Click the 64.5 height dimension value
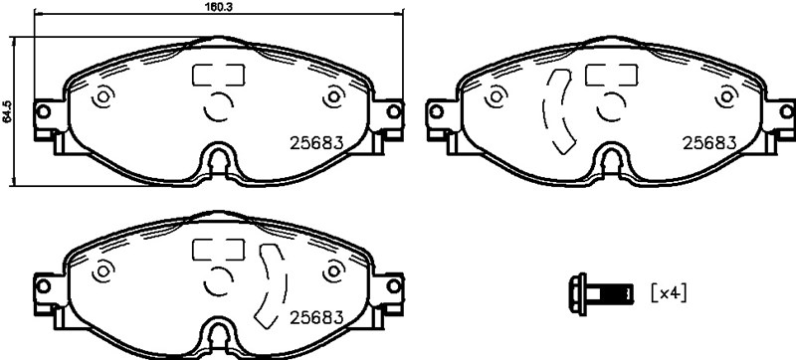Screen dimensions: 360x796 [7, 111]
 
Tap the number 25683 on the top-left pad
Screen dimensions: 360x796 [315, 142]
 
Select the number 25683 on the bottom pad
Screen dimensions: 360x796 [315, 317]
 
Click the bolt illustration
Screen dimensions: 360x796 [601, 292]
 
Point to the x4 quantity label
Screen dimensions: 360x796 [669, 292]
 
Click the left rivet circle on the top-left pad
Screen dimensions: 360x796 [100, 98]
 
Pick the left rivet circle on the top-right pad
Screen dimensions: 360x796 [495, 98]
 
